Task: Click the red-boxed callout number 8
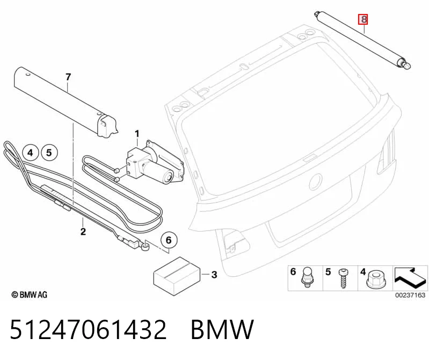point(363,19)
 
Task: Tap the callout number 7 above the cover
point(68,77)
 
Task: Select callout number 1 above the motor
point(137,134)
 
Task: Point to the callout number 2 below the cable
point(83,232)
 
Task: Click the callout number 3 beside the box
point(214,275)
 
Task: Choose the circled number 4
point(30,153)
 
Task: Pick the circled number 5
point(49,153)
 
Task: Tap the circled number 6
point(169,240)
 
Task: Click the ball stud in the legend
point(306,277)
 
